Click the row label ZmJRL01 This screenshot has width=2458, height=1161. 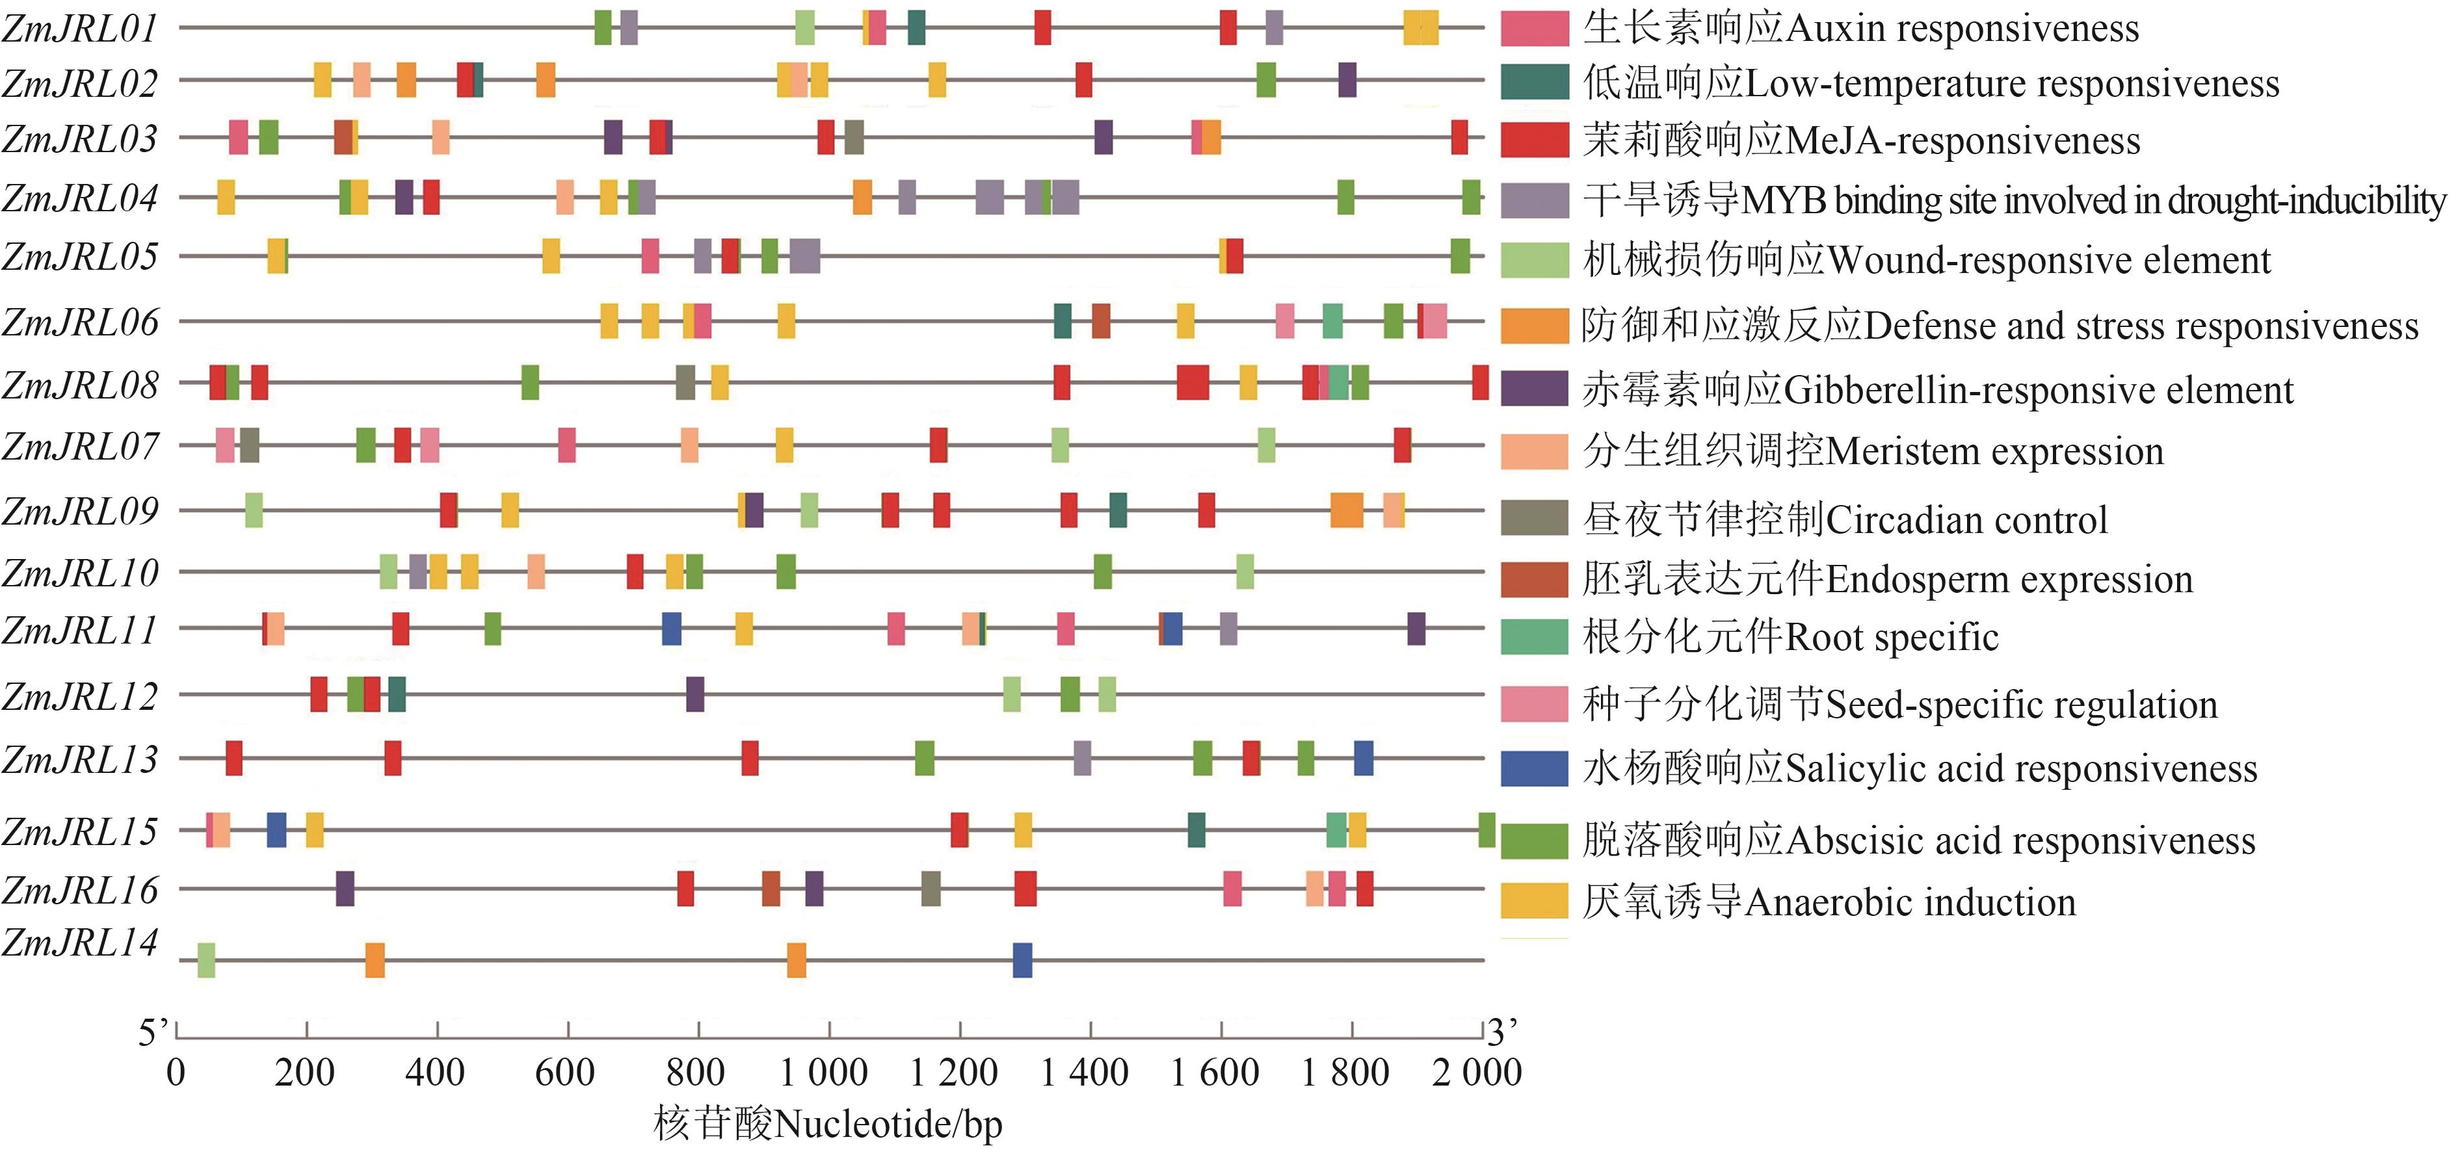(80, 29)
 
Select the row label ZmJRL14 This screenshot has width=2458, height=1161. (80, 943)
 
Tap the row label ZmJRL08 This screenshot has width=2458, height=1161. (80, 385)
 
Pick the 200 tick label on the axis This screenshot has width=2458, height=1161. (304, 1073)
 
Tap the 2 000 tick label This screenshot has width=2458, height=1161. (1476, 1073)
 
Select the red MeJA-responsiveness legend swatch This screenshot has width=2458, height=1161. (1533, 139)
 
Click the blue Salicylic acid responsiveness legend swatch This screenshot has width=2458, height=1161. (1533, 768)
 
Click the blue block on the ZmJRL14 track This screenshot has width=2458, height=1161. (1022, 959)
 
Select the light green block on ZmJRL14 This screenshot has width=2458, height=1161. (206, 959)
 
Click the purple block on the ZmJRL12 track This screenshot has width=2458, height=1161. (694, 694)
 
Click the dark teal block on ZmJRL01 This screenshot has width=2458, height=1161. (916, 27)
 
